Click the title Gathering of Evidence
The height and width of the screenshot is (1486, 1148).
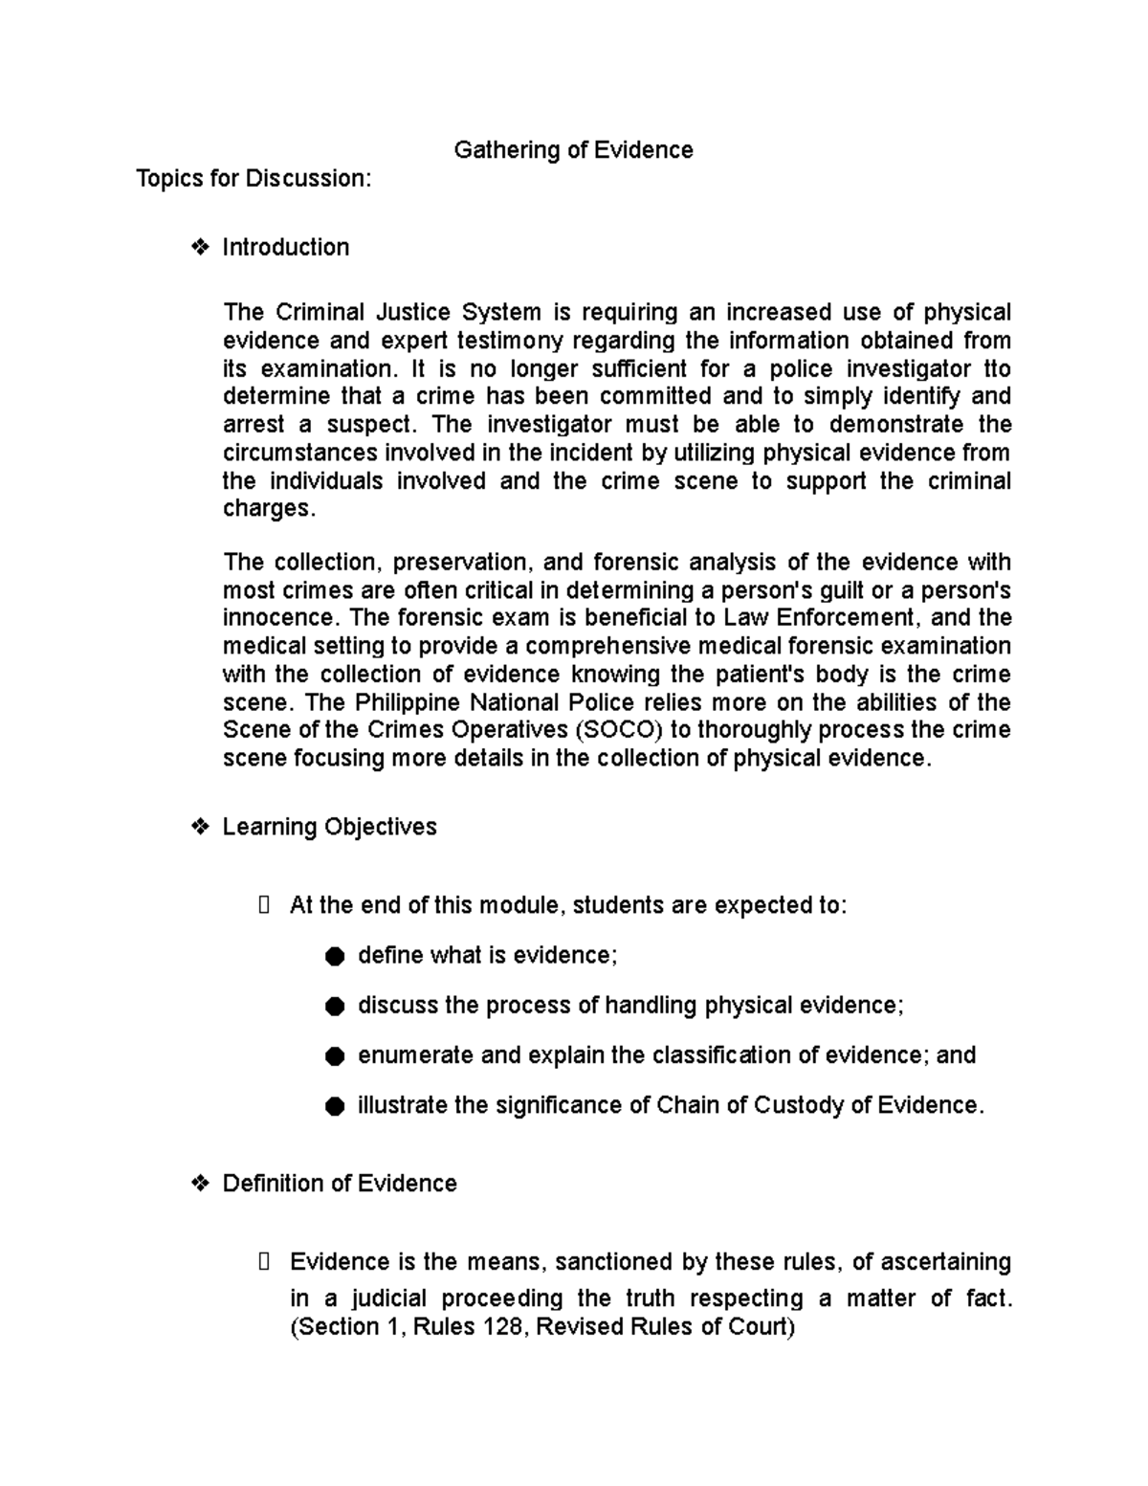coord(573,150)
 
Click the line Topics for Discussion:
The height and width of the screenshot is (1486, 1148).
coord(254,179)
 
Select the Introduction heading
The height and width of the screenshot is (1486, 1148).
coord(285,247)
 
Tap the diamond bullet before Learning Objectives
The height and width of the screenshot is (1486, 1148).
coord(201,827)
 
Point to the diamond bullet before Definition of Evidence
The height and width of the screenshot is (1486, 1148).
coord(201,1184)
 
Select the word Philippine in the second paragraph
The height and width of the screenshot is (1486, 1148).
coord(408,702)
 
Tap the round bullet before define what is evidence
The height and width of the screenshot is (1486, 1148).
coord(334,956)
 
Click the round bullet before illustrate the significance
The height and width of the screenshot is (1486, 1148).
coord(334,1106)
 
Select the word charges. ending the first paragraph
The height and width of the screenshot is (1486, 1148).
coord(268,508)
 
